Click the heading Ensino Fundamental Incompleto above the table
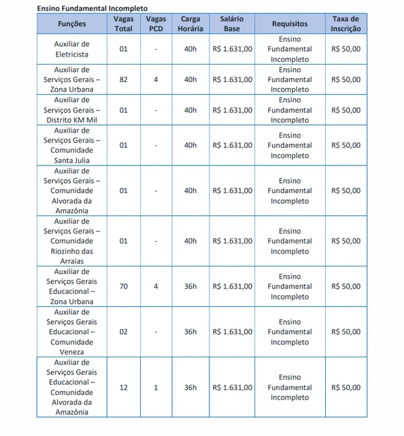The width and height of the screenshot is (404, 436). click(92, 8)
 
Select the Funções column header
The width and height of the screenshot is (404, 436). click(72, 24)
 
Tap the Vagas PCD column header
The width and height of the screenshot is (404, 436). click(156, 24)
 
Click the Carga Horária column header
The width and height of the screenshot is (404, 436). click(191, 24)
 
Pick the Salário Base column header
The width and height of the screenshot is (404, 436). click(232, 24)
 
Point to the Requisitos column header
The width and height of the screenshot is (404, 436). click(290, 24)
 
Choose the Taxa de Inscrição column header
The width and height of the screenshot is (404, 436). click(345, 24)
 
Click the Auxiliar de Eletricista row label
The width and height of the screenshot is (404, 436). click(72, 49)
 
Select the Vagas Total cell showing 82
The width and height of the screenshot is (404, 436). click(123, 79)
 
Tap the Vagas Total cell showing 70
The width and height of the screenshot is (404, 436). click(123, 287)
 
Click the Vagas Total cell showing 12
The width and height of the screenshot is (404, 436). click(123, 388)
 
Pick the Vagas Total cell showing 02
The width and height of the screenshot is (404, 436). click(123, 332)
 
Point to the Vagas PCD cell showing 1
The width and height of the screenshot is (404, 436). click(156, 388)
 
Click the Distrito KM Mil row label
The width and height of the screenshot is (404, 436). click(72, 110)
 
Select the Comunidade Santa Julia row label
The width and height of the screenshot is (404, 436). click(72, 145)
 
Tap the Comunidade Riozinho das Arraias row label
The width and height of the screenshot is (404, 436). click(72, 241)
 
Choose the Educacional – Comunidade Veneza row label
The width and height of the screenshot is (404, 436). click(72, 332)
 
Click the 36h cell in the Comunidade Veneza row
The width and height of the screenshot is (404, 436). click(191, 332)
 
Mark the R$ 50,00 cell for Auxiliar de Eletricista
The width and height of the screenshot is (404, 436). click(345, 49)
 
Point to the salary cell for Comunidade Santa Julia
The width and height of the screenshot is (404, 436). click(232, 145)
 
